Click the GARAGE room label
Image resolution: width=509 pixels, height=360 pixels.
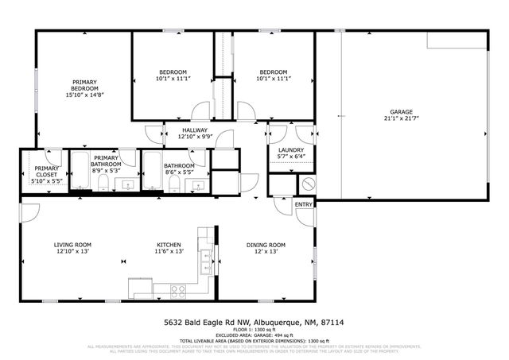[x=401, y=112]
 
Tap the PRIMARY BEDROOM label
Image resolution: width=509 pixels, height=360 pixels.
[x=84, y=85]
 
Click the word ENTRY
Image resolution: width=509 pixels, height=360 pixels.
[x=304, y=204]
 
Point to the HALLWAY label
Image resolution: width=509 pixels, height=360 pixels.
[x=195, y=130]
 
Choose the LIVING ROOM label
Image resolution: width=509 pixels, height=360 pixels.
[x=72, y=244]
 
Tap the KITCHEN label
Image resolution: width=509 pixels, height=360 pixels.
[x=169, y=244]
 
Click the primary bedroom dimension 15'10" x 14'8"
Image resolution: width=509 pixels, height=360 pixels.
[x=84, y=95]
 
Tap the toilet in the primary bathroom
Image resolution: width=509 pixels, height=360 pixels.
[x=103, y=184]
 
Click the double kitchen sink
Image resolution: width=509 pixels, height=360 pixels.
[x=205, y=256]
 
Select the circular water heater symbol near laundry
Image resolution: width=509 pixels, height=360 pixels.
[x=309, y=184]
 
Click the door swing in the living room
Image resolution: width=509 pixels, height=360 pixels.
[x=29, y=211]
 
